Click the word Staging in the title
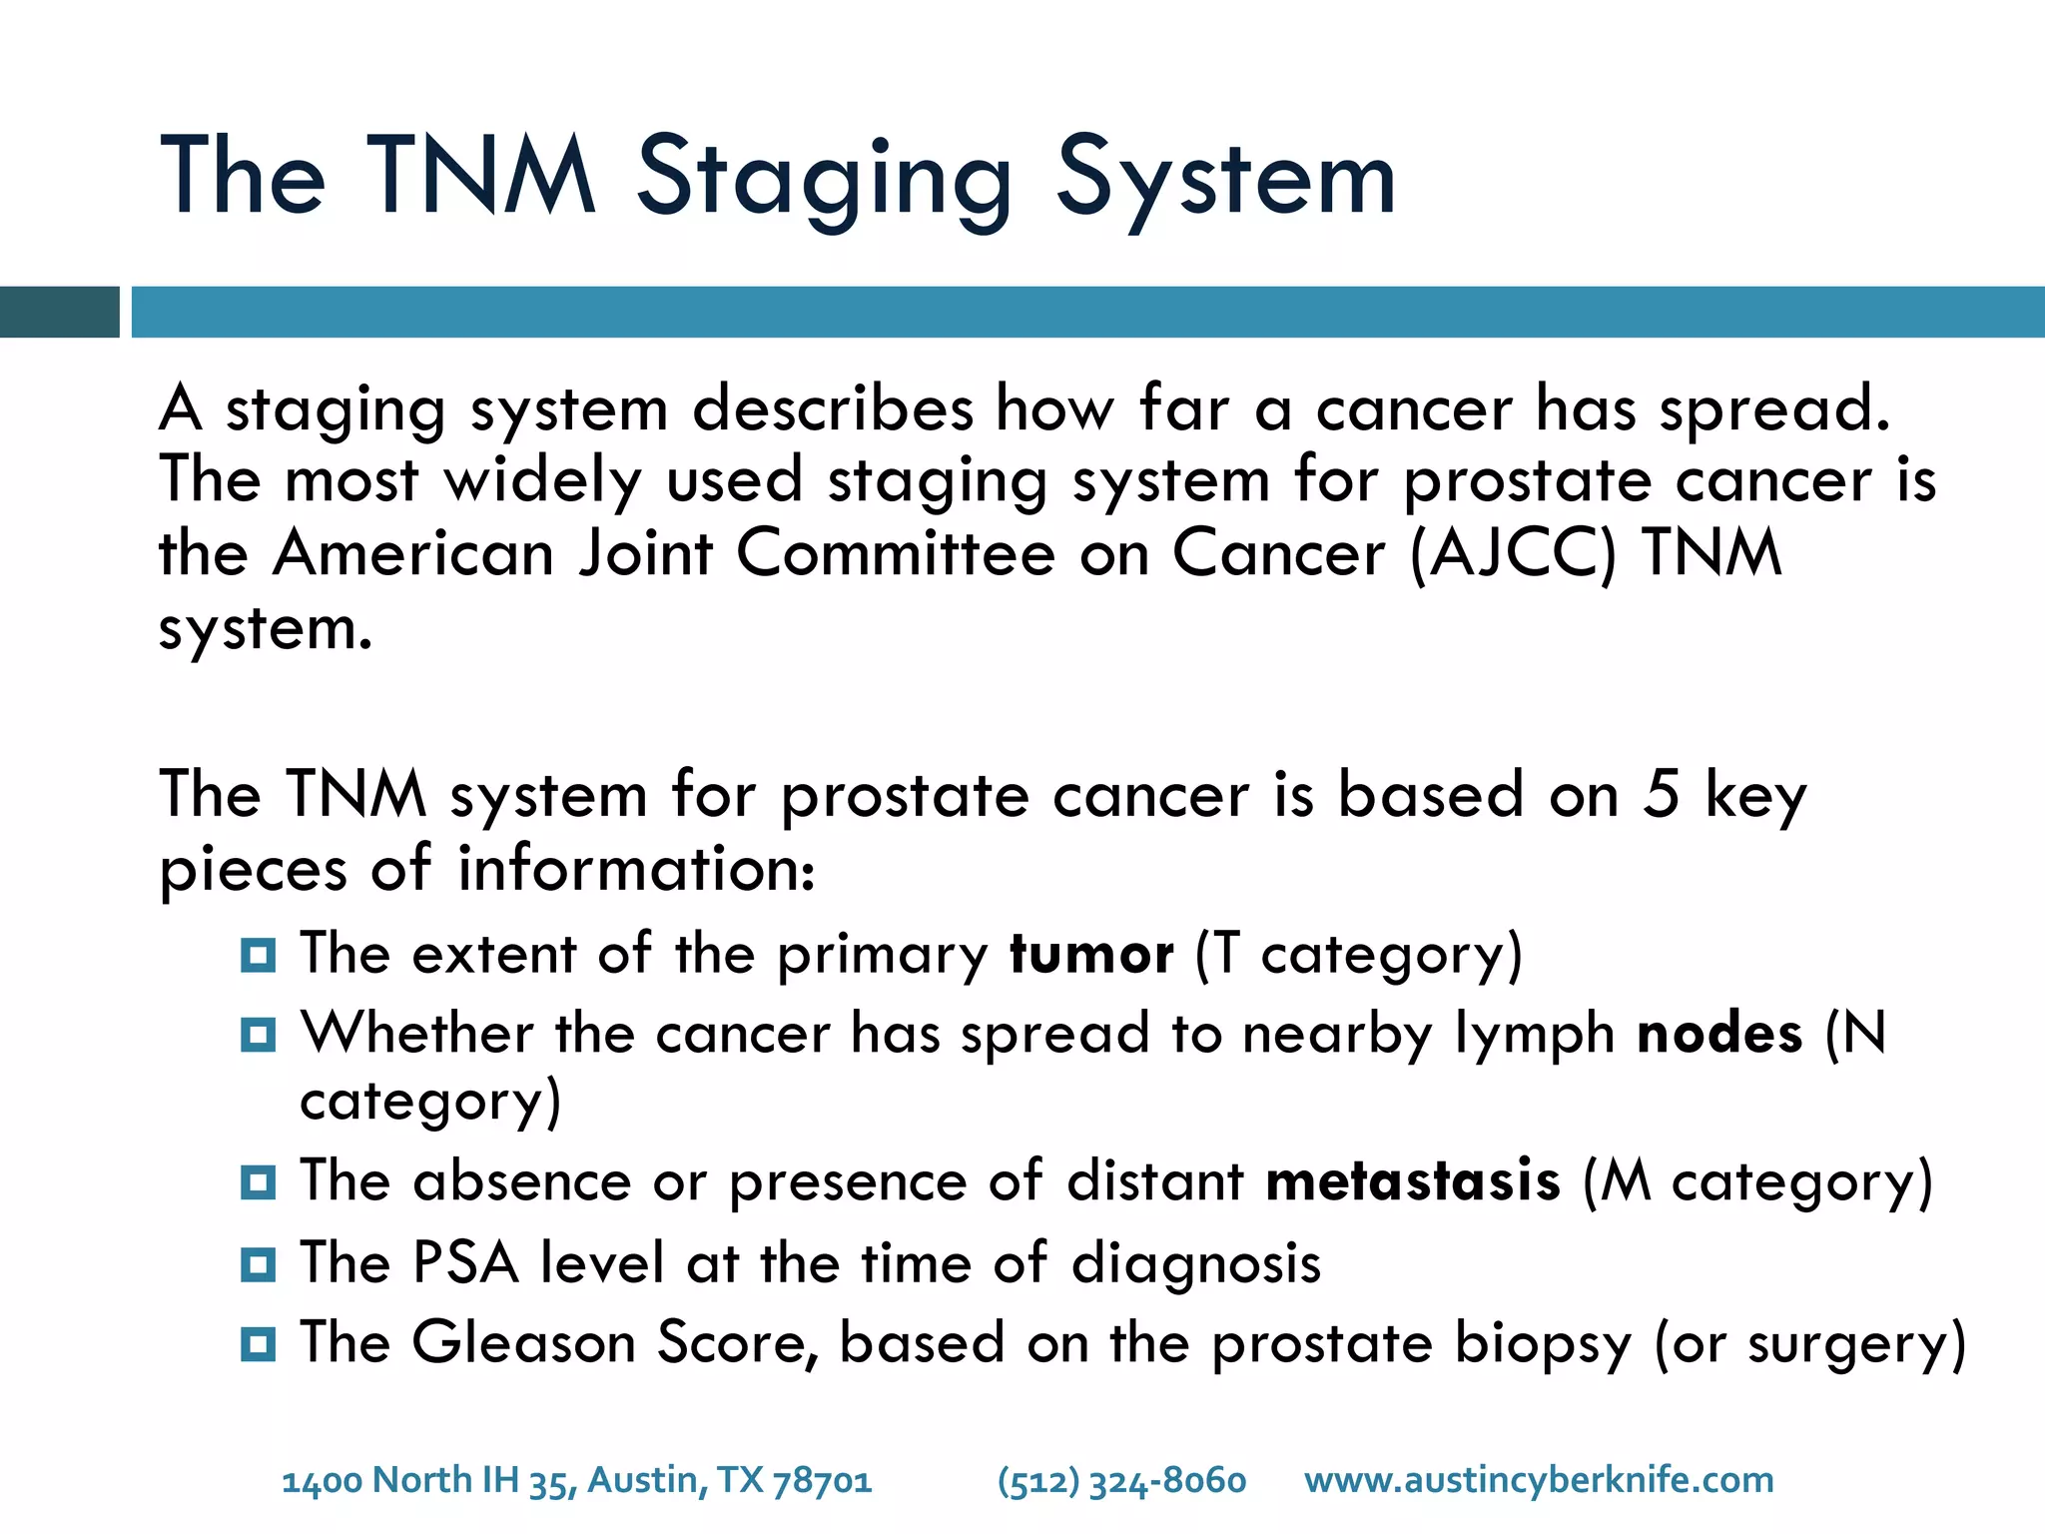824,180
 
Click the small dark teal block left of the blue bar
59,312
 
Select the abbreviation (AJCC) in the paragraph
1512,553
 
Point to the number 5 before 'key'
1661,795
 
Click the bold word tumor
1091,954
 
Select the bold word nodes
1719,1033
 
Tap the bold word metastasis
1412,1181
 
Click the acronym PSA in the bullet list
465,1262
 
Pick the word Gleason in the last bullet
523,1342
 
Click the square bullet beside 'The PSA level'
258,1265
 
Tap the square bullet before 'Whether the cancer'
258,1035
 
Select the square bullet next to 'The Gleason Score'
258,1344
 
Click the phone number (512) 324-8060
1121,1480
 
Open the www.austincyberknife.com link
1539,1480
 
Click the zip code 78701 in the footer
822,1480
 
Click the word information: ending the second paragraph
636,869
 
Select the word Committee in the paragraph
895,553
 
